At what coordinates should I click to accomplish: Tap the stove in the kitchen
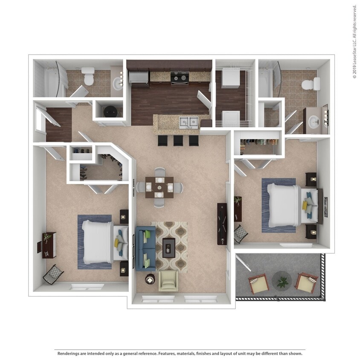pos(179,78)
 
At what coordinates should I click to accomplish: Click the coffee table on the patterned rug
pos(169,247)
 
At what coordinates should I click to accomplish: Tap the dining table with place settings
pos(159,187)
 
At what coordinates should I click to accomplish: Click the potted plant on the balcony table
pos(282,281)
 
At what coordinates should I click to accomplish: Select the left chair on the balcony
pos(258,284)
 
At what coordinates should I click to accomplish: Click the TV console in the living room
pos(222,224)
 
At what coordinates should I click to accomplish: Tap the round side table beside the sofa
pos(150,279)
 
